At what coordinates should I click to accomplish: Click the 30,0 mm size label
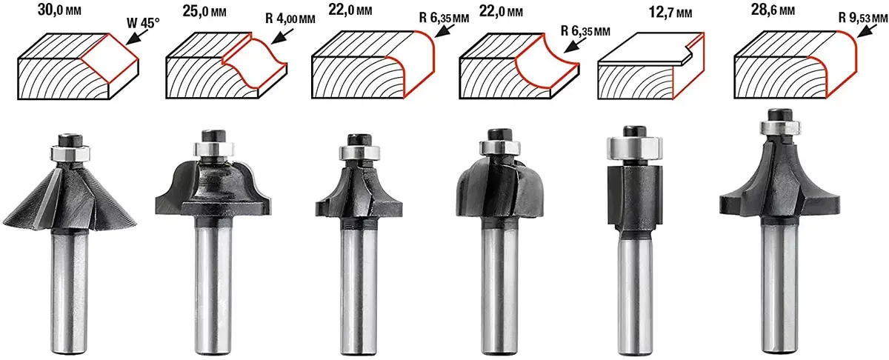(59, 10)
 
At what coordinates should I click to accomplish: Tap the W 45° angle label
(143, 23)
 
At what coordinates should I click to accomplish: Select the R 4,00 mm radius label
(290, 19)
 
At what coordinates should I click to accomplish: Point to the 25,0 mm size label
(204, 12)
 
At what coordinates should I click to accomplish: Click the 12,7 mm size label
(670, 13)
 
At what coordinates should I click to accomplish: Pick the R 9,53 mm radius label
(863, 18)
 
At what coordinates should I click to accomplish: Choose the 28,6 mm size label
(773, 10)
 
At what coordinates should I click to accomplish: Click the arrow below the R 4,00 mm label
(282, 36)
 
